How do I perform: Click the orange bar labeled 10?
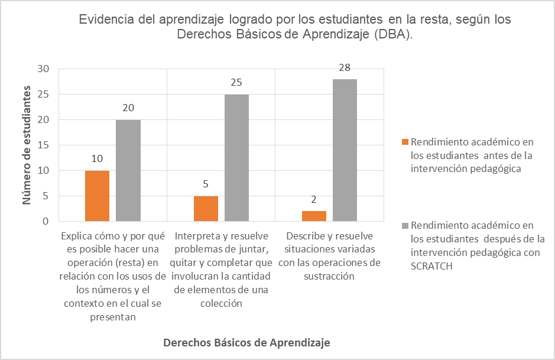click(97, 196)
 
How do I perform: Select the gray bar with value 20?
click(128, 170)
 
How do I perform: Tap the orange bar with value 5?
click(206, 208)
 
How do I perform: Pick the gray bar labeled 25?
click(236, 158)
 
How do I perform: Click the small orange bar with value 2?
click(314, 216)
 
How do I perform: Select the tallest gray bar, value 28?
click(345, 150)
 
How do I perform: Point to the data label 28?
click(345, 68)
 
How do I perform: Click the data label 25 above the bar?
click(236, 83)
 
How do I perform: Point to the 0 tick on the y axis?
click(46, 221)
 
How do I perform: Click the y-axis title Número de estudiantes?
click(27, 145)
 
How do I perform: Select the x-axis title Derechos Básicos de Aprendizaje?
click(246, 343)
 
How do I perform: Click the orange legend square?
click(404, 142)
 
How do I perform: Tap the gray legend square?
click(404, 225)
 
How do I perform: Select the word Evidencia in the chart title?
click(104, 20)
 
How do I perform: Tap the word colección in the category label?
click(220, 303)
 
